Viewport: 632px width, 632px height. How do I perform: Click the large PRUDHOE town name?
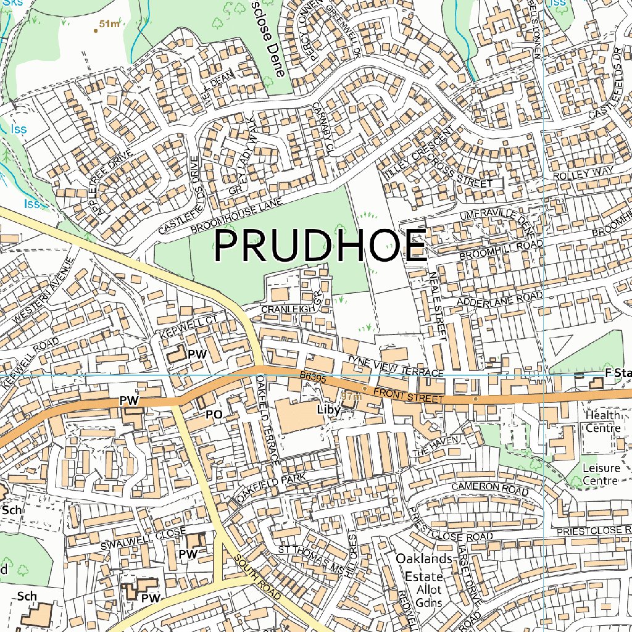coord(320,246)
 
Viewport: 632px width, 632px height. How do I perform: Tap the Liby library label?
coord(328,409)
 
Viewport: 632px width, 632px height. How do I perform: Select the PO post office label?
coord(214,415)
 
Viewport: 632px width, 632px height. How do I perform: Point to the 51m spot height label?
coord(109,24)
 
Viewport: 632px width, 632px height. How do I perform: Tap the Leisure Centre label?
coord(601,475)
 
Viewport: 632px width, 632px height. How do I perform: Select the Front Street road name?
coord(408,396)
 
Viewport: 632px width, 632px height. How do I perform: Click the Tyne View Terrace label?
coord(395,367)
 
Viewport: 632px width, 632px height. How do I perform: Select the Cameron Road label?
coord(490,488)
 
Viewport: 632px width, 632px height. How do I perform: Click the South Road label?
coord(257,578)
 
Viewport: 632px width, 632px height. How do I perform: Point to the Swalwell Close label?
coord(143,536)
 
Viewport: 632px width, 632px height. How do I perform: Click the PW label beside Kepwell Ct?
coord(196,354)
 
